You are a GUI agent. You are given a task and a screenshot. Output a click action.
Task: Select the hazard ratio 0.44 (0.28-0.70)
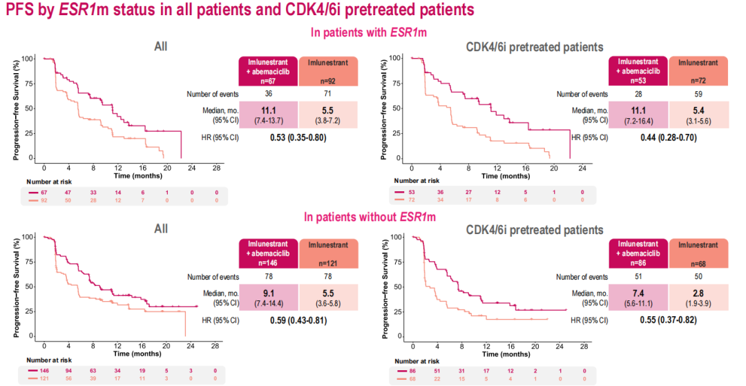pyautogui.click(x=668, y=137)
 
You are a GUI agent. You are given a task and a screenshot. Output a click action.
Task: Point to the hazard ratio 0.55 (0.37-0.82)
pyautogui.click(x=668, y=320)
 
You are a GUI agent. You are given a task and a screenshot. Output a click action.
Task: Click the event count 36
pyautogui.click(x=269, y=93)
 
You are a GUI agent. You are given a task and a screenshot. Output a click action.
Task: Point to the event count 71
pyautogui.click(x=328, y=93)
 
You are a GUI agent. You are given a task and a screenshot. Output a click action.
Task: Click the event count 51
pyautogui.click(x=639, y=276)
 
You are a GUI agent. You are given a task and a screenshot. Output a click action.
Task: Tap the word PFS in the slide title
pyautogui.click(x=20, y=10)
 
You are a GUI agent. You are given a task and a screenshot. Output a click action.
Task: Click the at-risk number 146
pyautogui.click(x=46, y=371)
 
